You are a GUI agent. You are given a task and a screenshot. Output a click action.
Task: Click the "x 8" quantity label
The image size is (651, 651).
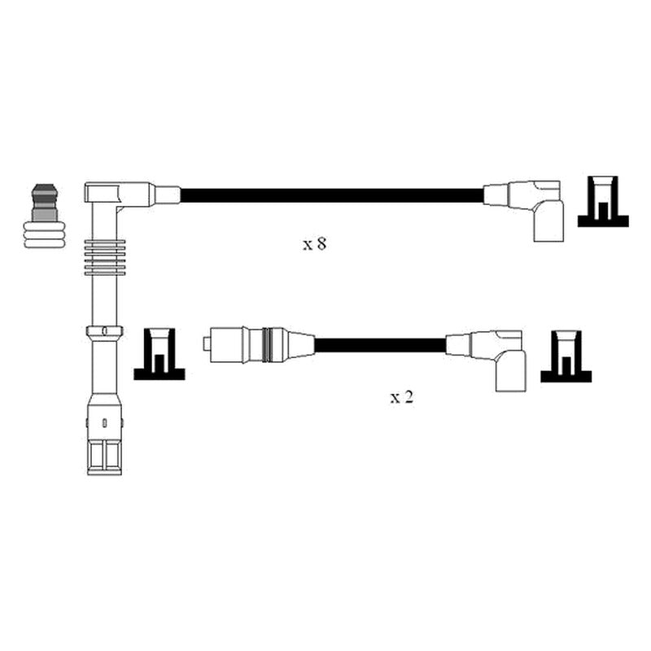pos(314,243)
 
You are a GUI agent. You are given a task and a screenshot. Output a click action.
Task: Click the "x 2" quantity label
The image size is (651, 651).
pos(401,397)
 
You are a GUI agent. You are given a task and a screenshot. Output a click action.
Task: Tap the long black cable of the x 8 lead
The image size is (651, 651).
pos(332,195)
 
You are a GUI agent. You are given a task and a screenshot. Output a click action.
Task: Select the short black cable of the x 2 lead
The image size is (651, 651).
pos(380,345)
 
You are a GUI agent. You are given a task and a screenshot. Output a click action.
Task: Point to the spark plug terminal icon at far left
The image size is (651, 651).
pos(45,216)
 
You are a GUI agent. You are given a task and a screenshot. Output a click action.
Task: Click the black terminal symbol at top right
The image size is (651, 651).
pos(603,201)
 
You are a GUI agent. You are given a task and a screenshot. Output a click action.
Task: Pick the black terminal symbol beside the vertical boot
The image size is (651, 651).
pos(159,354)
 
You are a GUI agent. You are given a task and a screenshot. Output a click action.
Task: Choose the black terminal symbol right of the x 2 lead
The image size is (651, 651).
pos(566,356)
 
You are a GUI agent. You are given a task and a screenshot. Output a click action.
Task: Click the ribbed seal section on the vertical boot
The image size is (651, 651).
pos(104,257)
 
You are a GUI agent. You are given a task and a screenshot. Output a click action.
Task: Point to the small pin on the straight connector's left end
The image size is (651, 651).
pos(206,344)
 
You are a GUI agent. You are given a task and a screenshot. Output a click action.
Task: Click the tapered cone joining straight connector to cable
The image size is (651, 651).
pos(299,344)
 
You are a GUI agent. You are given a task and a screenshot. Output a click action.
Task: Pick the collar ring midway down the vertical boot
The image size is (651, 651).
pos(104,331)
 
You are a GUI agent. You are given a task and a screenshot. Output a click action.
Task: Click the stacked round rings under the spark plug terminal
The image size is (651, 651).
pos(45,235)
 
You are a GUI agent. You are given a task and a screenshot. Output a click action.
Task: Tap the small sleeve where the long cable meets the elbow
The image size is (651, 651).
pos(168,194)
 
